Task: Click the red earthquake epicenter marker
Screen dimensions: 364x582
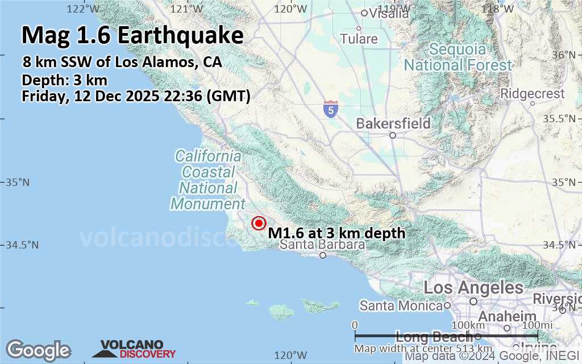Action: click(259, 224)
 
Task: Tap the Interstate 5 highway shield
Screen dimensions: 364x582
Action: click(330, 109)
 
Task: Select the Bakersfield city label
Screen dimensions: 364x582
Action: click(393, 123)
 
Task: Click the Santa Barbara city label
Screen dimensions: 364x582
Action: click(322, 245)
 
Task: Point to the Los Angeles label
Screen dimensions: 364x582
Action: click(473, 288)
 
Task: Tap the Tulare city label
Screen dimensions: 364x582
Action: click(359, 39)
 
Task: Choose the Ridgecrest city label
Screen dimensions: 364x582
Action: click(533, 94)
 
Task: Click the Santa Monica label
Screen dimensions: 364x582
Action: click(401, 305)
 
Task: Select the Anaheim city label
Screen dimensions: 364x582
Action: click(508, 317)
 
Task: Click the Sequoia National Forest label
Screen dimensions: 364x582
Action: click(458, 57)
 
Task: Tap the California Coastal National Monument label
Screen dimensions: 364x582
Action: click(208, 179)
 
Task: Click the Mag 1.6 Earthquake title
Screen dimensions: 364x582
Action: click(132, 35)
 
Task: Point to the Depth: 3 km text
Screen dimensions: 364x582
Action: click(64, 80)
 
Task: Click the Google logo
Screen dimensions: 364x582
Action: click(38, 350)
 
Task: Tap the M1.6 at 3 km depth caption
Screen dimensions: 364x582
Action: click(336, 233)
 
